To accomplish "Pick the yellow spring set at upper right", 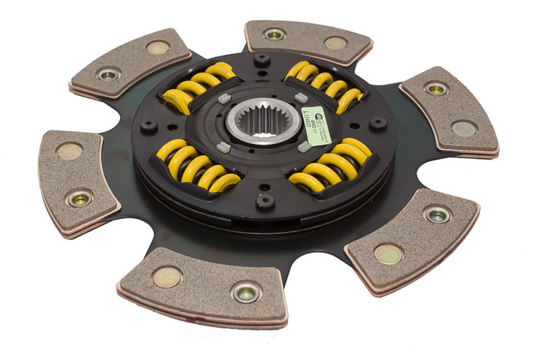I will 324,85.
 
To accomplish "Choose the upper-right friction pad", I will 450,111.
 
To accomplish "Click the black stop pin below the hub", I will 264,201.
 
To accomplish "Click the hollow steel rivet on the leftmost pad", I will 78,199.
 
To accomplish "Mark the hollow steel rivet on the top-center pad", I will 274,34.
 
